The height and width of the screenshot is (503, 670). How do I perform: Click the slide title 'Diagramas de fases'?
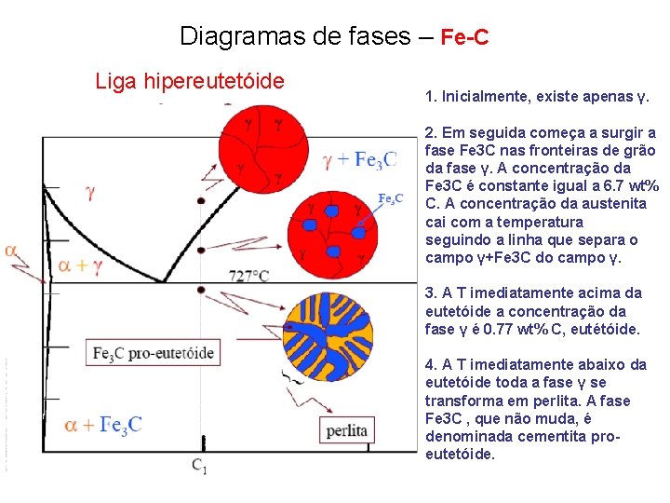click(294, 37)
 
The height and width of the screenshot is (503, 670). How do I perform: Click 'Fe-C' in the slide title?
click(464, 38)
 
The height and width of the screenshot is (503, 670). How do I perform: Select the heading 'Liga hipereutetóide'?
click(190, 82)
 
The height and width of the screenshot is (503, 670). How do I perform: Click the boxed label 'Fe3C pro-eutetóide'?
click(154, 353)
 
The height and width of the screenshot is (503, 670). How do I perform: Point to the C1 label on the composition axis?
click(200, 465)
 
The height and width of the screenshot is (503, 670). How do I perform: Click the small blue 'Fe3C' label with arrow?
click(390, 197)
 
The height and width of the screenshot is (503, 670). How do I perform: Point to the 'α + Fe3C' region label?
click(103, 425)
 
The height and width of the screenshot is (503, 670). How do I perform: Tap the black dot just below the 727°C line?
click(201, 290)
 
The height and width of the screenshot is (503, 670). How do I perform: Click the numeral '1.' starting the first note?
click(431, 97)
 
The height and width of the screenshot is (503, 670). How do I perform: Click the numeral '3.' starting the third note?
click(431, 293)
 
